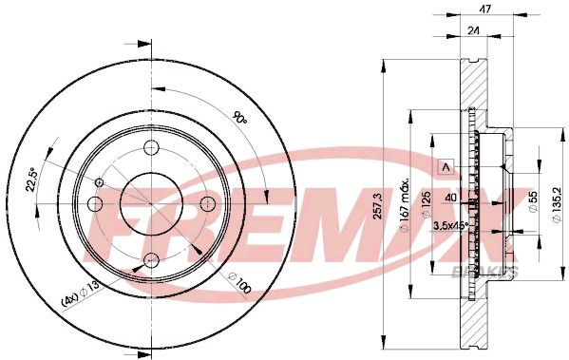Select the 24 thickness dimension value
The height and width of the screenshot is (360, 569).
pos(473,30)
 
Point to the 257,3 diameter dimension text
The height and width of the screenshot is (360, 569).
pos(377,206)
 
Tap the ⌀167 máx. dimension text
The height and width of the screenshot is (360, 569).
pos(405,204)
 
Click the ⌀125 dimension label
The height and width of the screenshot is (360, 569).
pos(427,205)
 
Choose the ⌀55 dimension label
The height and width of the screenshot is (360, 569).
pos(533,202)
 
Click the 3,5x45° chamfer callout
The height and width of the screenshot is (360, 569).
pos(450,226)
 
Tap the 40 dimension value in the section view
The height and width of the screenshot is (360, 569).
pos(451,199)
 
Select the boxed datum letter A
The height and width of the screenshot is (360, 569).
pos(447,168)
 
